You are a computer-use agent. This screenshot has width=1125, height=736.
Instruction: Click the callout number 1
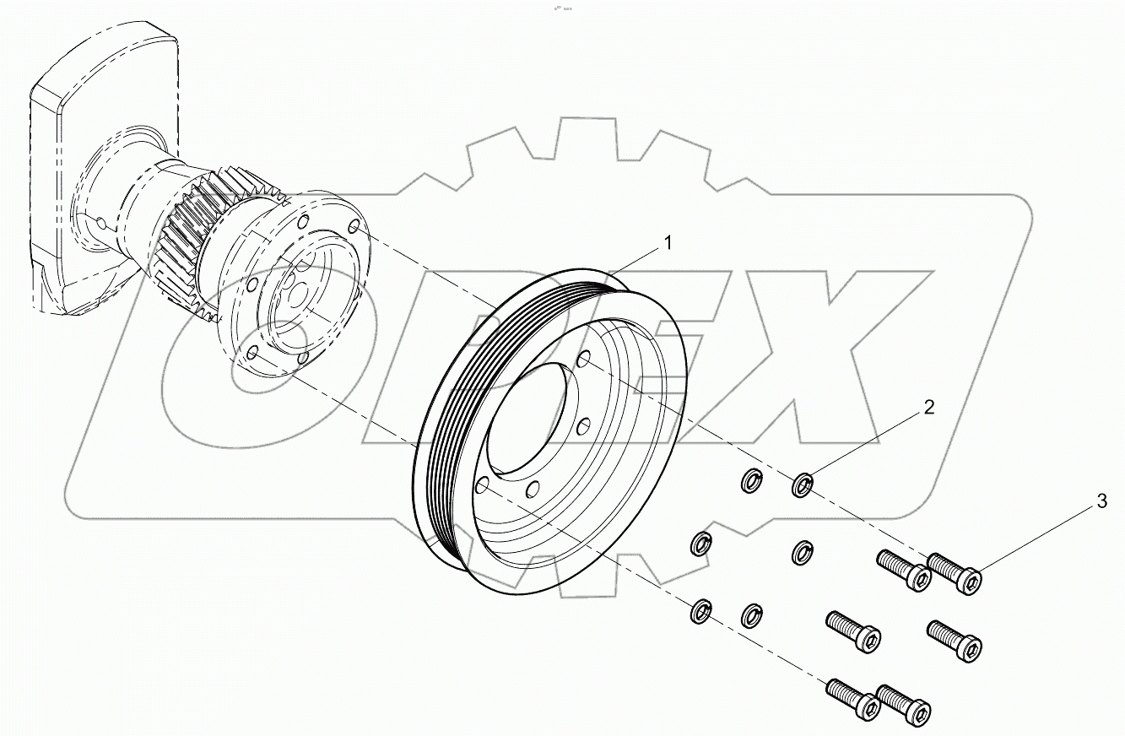668,244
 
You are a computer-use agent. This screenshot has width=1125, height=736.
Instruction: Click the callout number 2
929,408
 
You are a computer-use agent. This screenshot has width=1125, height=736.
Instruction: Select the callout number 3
1101,502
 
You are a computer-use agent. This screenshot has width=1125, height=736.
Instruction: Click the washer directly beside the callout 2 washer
750,481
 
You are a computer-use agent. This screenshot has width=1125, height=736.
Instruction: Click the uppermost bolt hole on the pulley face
582,361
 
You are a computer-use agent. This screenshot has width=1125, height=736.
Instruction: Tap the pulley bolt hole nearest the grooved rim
483,485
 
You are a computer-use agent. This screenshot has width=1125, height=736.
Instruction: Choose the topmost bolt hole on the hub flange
354,228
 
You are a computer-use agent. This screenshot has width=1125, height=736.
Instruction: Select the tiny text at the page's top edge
562,7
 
